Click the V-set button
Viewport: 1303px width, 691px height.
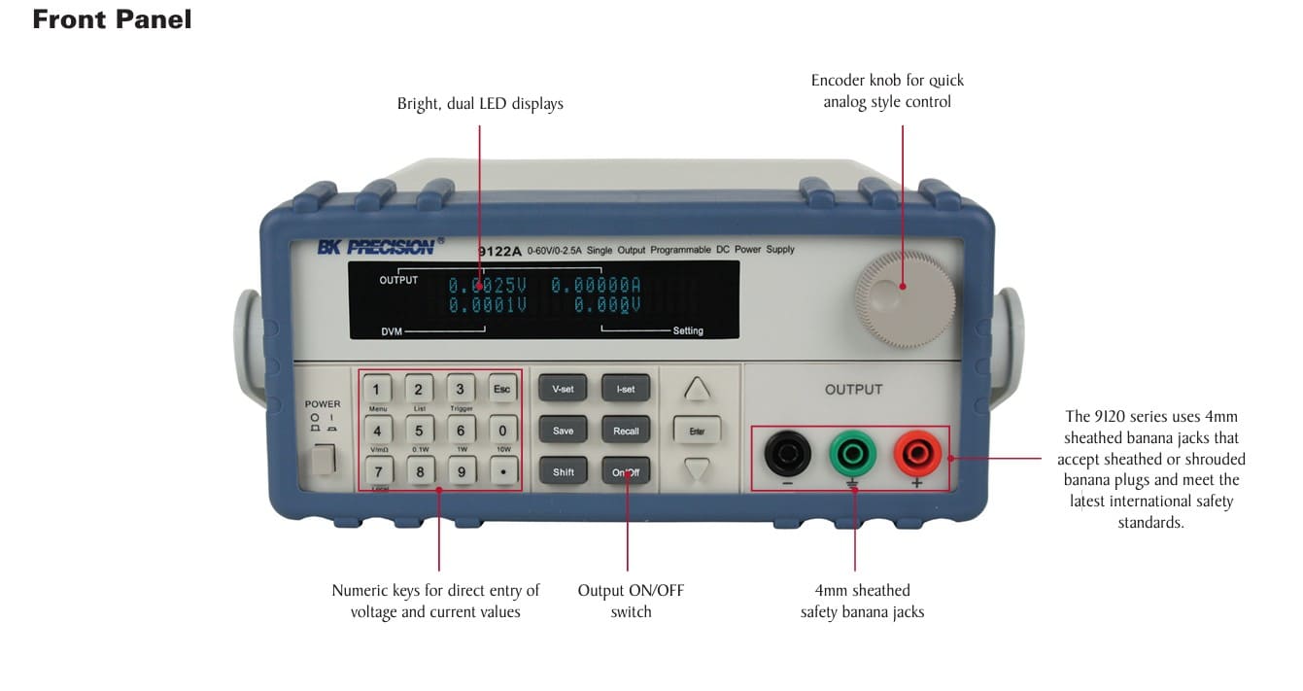pos(563,389)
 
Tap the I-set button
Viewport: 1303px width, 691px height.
pos(626,389)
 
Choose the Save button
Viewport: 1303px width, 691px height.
pos(563,431)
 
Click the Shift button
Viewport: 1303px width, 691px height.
pos(563,472)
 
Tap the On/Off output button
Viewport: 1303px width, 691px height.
pos(626,472)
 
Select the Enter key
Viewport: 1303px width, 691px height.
pos(697,431)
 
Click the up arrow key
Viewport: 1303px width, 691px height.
pos(697,389)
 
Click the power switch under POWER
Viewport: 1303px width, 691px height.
pos(322,459)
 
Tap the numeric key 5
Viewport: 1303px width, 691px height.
pos(419,431)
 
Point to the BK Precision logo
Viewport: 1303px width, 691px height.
pos(375,247)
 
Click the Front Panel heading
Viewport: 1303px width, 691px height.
pos(112,19)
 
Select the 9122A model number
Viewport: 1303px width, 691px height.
pos(499,252)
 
